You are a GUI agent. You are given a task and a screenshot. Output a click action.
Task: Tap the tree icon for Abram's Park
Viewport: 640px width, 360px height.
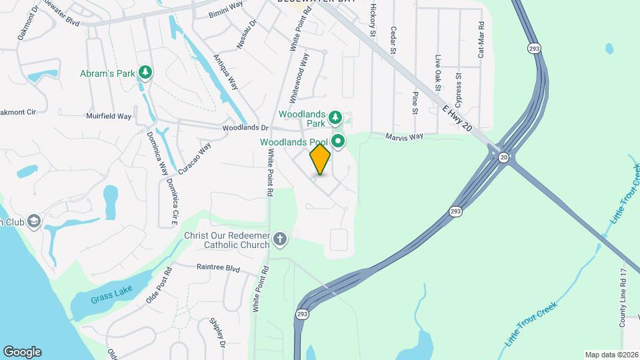(145, 73)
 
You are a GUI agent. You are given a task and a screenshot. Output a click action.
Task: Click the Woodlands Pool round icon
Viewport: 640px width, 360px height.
(338, 141)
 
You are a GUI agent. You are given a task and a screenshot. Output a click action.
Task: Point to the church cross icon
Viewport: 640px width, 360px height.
(281, 239)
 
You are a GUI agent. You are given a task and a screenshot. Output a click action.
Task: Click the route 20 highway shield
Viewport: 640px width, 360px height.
(503, 157)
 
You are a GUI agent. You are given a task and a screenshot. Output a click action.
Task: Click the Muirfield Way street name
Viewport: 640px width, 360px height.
(109, 116)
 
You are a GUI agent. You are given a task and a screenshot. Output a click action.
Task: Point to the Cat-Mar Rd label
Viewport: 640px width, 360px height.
(481, 43)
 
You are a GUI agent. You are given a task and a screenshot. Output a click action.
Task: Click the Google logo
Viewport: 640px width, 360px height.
(22, 352)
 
